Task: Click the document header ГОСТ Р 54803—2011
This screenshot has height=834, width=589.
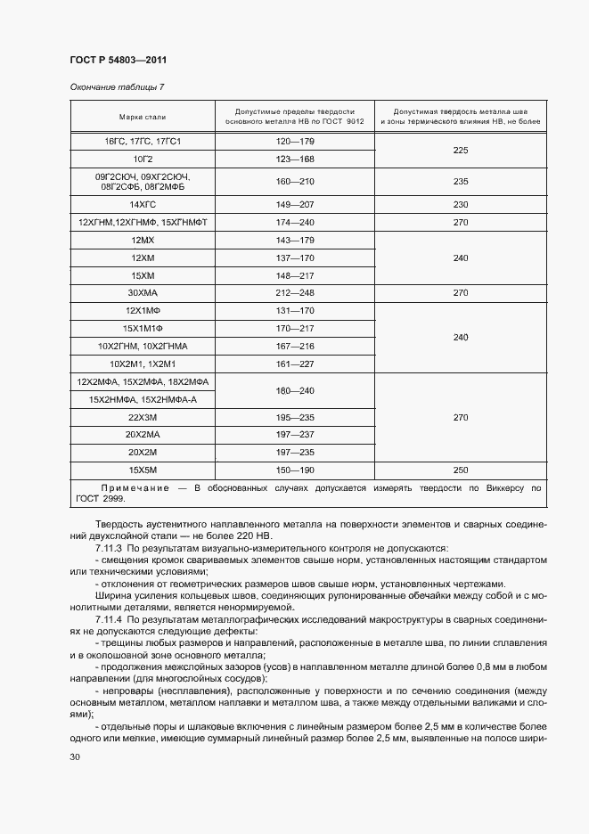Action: pyautogui.click(x=118, y=60)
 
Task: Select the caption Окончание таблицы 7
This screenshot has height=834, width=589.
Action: pyautogui.click(x=116, y=86)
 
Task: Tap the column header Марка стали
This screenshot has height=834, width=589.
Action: pyautogui.click(x=143, y=117)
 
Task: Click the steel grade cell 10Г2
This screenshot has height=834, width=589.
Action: pyautogui.click(x=143, y=159)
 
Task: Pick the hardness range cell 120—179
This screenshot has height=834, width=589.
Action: pyautogui.click(x=295, y=142)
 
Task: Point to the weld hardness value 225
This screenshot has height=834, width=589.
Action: pyautogui.click(x=460, y=151)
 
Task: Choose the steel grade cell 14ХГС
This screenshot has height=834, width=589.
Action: pyautogui.click(x=143, y=204)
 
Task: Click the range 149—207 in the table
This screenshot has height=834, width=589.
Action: pyautogui.click(x=295, y=204)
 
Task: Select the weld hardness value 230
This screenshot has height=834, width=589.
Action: pyautogui.click(x=460, y=204)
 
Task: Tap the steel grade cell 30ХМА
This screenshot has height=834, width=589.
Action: pyautogui.click(x=143, y=291)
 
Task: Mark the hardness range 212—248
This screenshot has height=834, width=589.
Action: pyautogui.click(x=295, y=291)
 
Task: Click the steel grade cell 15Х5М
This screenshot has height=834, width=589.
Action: pyautogui.click(x=143, y=469)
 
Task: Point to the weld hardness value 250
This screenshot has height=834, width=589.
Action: pyautogui.click(x=460, y=469)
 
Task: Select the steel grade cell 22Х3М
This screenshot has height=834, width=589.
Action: pyautogui.click(x=143, y=417)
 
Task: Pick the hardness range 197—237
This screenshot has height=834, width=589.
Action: pyautogui.click(x=295, y=434)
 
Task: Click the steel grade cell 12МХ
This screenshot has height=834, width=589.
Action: pyautogui.click(x=143, y=241)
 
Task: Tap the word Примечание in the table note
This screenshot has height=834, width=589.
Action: pyautogui.click(x=134, y=488)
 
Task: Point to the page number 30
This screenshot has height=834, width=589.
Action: pyautogui.click(x=74, y=756)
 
